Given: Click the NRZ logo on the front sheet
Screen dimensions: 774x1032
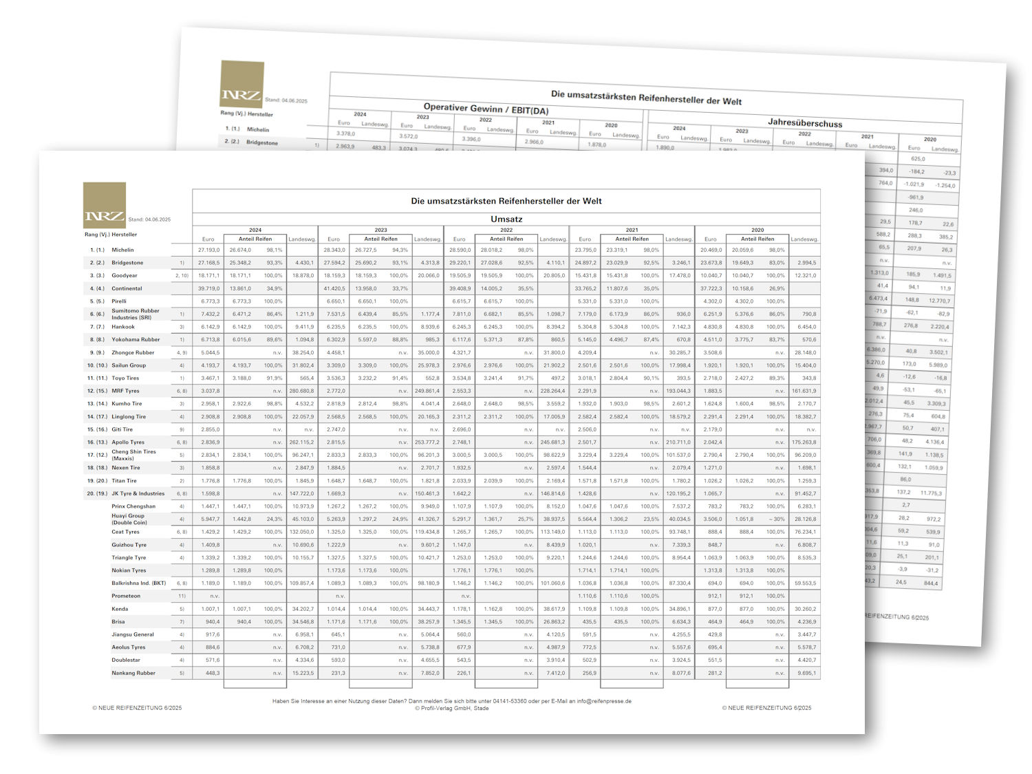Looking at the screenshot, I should point(105,205).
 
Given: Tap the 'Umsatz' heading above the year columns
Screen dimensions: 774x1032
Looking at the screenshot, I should point(506,219).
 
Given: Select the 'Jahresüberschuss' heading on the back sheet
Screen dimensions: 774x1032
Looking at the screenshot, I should point(804,123).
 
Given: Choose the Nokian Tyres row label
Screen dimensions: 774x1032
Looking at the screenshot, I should point(129,570).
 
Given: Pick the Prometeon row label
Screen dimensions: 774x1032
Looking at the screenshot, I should point(126,596).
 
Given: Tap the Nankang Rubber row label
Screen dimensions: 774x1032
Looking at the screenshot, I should point(133,673).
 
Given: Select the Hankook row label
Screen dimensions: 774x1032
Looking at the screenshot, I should point(123,327).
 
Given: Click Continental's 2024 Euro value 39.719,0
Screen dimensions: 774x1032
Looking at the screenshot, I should point(208,288).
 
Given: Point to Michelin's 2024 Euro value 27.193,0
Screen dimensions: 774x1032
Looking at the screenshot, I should point(208,250).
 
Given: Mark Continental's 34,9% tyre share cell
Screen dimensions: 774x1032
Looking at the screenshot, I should point(273,288).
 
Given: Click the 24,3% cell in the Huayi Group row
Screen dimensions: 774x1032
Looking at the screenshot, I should point(273,519).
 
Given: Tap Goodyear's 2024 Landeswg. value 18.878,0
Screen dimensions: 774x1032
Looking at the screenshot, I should point(303,275).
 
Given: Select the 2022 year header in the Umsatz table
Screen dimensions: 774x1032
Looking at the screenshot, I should point(506,230).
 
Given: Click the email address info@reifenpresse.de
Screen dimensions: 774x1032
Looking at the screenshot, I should point(604,701).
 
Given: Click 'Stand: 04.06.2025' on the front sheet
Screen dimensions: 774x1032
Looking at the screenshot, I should point(149,219).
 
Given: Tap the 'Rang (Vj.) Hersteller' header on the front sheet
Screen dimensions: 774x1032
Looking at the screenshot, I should point(111,235).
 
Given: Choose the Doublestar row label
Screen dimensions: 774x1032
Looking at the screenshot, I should point(126,660).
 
